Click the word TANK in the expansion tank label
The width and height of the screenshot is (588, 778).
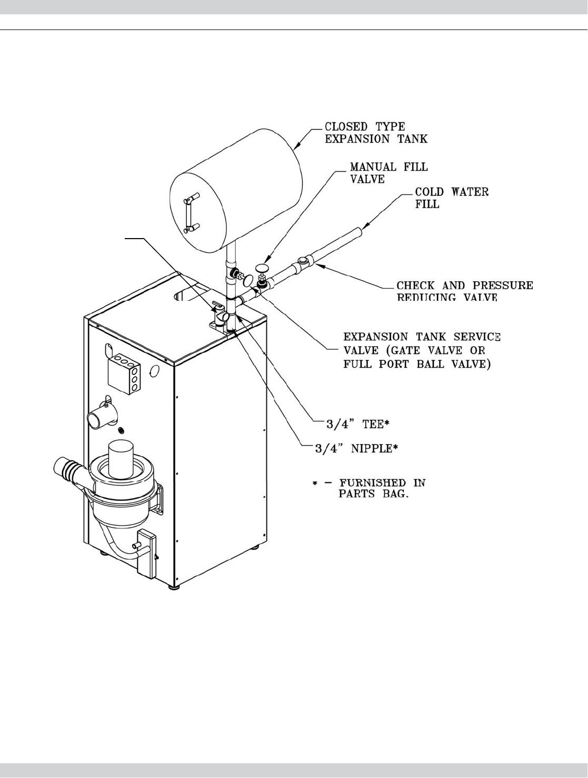(410, 140)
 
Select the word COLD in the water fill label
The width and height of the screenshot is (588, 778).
(430, 192)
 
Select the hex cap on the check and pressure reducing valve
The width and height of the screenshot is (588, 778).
(304, 260)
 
